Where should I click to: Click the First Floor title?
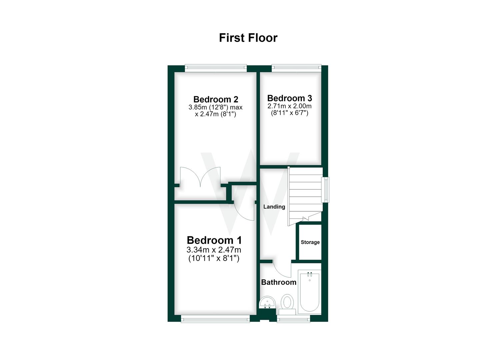click(248, 38)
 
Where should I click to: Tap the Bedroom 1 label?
click(214, 240)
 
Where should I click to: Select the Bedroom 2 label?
click(216, 99)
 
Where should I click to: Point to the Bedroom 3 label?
click(289, 98)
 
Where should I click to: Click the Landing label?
click(274, 207)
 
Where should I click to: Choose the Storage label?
click(310, 242)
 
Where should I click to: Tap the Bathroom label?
click(279, 282)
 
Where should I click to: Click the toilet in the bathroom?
click(287, 304)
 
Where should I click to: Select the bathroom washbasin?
click(267, 303)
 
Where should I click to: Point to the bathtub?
click(309, 292)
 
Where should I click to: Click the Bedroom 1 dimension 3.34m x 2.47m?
click(214, 250)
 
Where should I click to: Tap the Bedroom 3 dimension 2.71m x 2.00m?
click(289, 106)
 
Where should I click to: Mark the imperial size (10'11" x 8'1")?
click(214, 258)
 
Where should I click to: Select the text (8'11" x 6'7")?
click(289, 113)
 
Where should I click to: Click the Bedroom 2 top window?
click(216, 68)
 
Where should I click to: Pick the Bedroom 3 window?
click(296, 68)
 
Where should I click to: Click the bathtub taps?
click(309, 274)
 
